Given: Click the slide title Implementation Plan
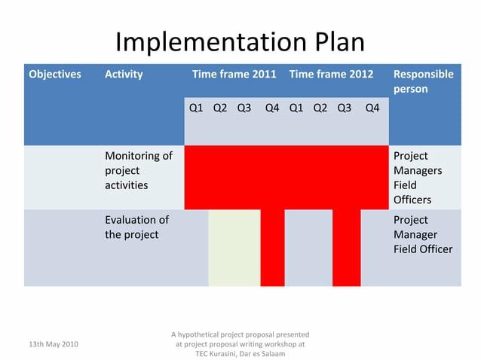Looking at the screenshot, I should pos(240,41).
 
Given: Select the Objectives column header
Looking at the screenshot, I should pos(55,74).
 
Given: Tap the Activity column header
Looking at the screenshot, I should pos(124,74).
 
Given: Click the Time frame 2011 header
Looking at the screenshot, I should pos(234,74).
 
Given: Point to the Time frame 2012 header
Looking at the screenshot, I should pos(331,74).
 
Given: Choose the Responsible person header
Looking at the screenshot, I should pos(423,81).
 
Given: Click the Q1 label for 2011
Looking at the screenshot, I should pos(196,108).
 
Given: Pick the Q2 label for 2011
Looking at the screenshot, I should pos(220,108).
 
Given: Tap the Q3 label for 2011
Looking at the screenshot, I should pos(244,108).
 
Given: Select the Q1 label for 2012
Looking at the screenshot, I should pos(296,108).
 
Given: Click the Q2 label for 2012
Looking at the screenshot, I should pos(320,108).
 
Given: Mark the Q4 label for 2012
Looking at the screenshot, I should pos(372,108).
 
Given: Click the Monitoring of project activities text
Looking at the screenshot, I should pos(138,170).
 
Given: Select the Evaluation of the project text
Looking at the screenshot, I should pos(136,227).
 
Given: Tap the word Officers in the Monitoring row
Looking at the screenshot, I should pos(412,200).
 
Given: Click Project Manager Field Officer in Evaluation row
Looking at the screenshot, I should pos(422,234).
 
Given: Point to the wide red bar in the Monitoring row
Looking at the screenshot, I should pos(286,177).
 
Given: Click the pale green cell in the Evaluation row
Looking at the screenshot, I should pos(234,248).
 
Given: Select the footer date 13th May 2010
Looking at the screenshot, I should pos(53,343).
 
